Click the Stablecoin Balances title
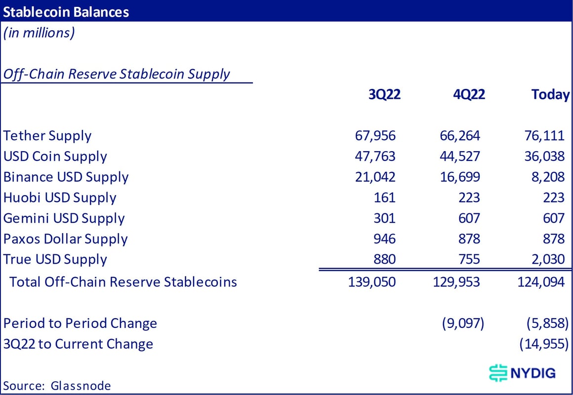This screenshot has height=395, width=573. tap(66, 11)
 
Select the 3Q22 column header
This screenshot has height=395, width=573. tap(384, 94)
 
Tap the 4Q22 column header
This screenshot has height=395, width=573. tap(469, 94)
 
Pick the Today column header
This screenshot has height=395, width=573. tap(550, 94)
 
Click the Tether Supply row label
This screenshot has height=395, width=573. tap(47, 136)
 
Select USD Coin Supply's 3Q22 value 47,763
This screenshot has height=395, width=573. tap(375, 157)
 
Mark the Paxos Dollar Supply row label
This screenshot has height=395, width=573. tap(65, 239)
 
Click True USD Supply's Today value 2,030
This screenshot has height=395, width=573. tap(547, 260)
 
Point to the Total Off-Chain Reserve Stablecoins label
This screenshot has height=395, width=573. tap(123, 282)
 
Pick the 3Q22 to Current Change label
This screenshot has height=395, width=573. tap(78, 344)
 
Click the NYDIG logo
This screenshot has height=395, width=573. tap(522, 372)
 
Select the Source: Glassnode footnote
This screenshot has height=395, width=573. tap(57, 386)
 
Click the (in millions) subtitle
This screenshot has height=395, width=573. tap(39, 34)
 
